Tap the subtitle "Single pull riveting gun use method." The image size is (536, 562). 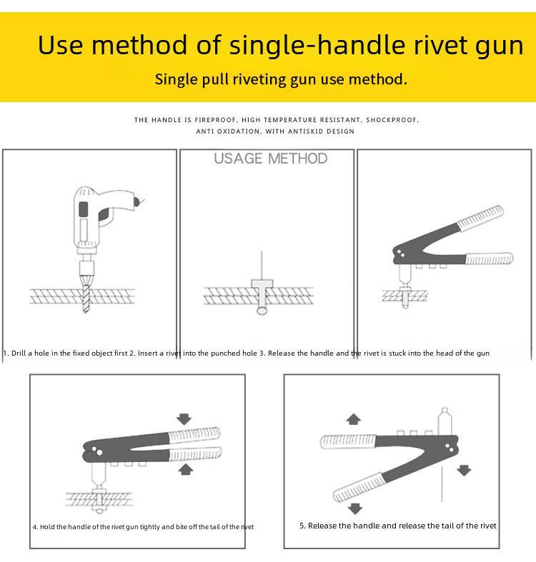[x=281, y=79]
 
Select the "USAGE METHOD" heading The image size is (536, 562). [x=271, y=159]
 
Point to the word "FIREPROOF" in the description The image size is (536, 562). [x=215, y=120]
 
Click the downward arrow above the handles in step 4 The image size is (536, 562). [x=184, y=418]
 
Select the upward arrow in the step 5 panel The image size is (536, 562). [x=352, y=418]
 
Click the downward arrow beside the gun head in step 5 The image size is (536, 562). [x=464, y=470]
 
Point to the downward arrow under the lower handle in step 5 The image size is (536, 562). [x=354, y=508]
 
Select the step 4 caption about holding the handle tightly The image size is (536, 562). [x=143, y=527]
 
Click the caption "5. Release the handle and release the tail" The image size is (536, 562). [x=397, y=526]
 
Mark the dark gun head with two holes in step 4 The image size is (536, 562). [x=96, y=450]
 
